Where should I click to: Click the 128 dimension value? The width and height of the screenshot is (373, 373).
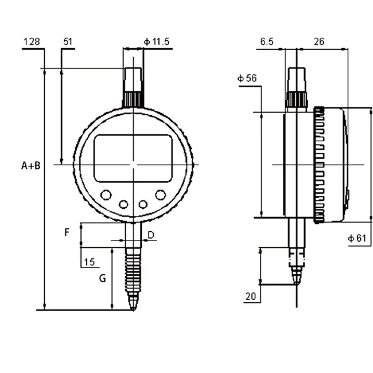(x=32, y=42)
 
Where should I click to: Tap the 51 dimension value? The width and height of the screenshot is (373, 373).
(x=68, y=42)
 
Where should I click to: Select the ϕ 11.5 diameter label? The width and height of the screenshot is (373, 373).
(x=157, y=42)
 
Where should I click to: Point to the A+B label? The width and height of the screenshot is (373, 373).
(x=30, y=166)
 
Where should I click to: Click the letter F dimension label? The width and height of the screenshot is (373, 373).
(x=67, y=232)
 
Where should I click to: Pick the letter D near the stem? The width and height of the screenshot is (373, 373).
(x=151, y=235)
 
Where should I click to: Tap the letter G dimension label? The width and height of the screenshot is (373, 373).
(x=103, y=278)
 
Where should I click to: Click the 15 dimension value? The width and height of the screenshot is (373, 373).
(x=90, y=262)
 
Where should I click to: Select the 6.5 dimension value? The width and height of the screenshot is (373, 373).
(x=267, y=42)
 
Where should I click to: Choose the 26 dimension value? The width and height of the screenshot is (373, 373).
(x=319, y=42)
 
